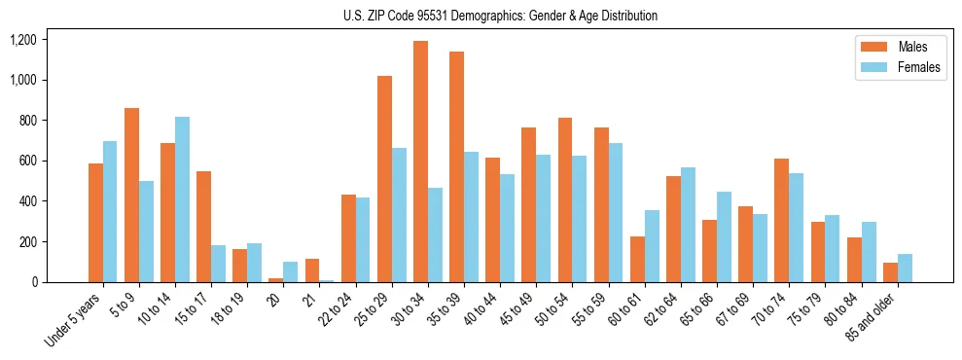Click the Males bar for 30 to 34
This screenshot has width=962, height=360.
pos(420,162)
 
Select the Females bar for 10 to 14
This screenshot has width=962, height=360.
pos(182,199)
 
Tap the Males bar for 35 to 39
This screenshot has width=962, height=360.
pos(456,166)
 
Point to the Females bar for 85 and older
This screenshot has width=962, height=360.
pos(905,268)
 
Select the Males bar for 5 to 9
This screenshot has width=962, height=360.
pos(131,195)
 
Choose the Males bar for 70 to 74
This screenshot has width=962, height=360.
pos(782,220)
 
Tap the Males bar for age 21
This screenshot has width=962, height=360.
pos(312,270)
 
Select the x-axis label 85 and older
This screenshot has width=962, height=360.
pos(873,317)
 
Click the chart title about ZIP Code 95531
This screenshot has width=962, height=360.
pos(500,16)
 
